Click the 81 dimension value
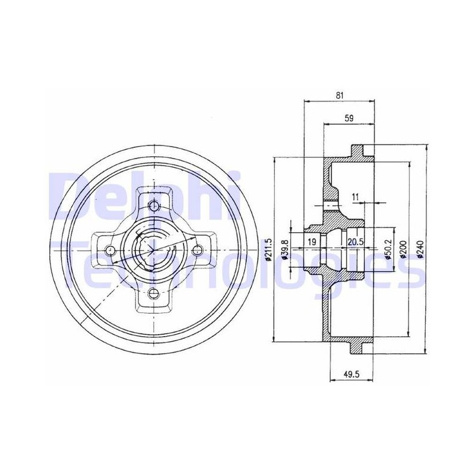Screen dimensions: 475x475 [340, 96]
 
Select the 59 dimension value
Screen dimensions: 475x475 [349, 118]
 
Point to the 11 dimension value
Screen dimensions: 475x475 [355, 197]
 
